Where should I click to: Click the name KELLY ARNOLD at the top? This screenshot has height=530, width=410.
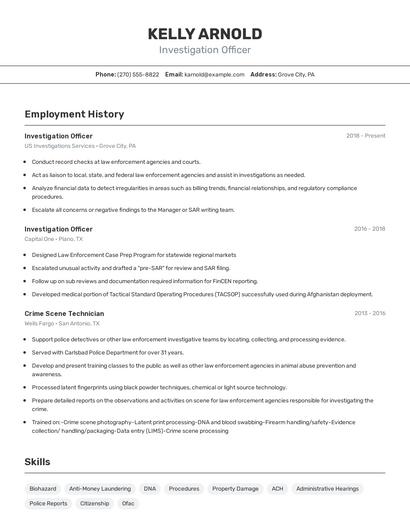[x=204, y=34]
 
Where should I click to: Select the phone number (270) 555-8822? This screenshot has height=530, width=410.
[x=138, y=74]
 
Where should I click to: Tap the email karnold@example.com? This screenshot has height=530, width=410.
[x=215, y=74]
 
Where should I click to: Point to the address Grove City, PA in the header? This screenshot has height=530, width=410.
[x=296, y=74]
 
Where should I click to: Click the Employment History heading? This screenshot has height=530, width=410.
[x=74, y=114]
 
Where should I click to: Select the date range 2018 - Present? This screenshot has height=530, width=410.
[x=365, y=135]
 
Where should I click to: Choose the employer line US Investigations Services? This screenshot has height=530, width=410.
[x=80, y=145]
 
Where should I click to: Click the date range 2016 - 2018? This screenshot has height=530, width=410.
[x=369, y=228]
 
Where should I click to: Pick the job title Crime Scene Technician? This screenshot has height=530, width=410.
[x=64, y=313]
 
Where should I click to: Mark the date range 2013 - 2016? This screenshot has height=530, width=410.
[x=369, y=313]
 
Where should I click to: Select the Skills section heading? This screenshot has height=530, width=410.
[x=38, y=461]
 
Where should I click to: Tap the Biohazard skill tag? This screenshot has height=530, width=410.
[x=43, y=489]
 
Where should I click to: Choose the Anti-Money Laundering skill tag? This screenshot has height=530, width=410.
[x=100, y=489]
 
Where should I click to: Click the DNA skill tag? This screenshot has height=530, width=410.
[x=150, y=489]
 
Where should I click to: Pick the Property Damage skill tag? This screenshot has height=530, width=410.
[x=235, y=489]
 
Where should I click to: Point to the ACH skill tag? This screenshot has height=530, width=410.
[x=277, y=489]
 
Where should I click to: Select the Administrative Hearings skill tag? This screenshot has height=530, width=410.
[x=327, y=489]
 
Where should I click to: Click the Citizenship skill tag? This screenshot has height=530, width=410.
[x=94, y=503]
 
